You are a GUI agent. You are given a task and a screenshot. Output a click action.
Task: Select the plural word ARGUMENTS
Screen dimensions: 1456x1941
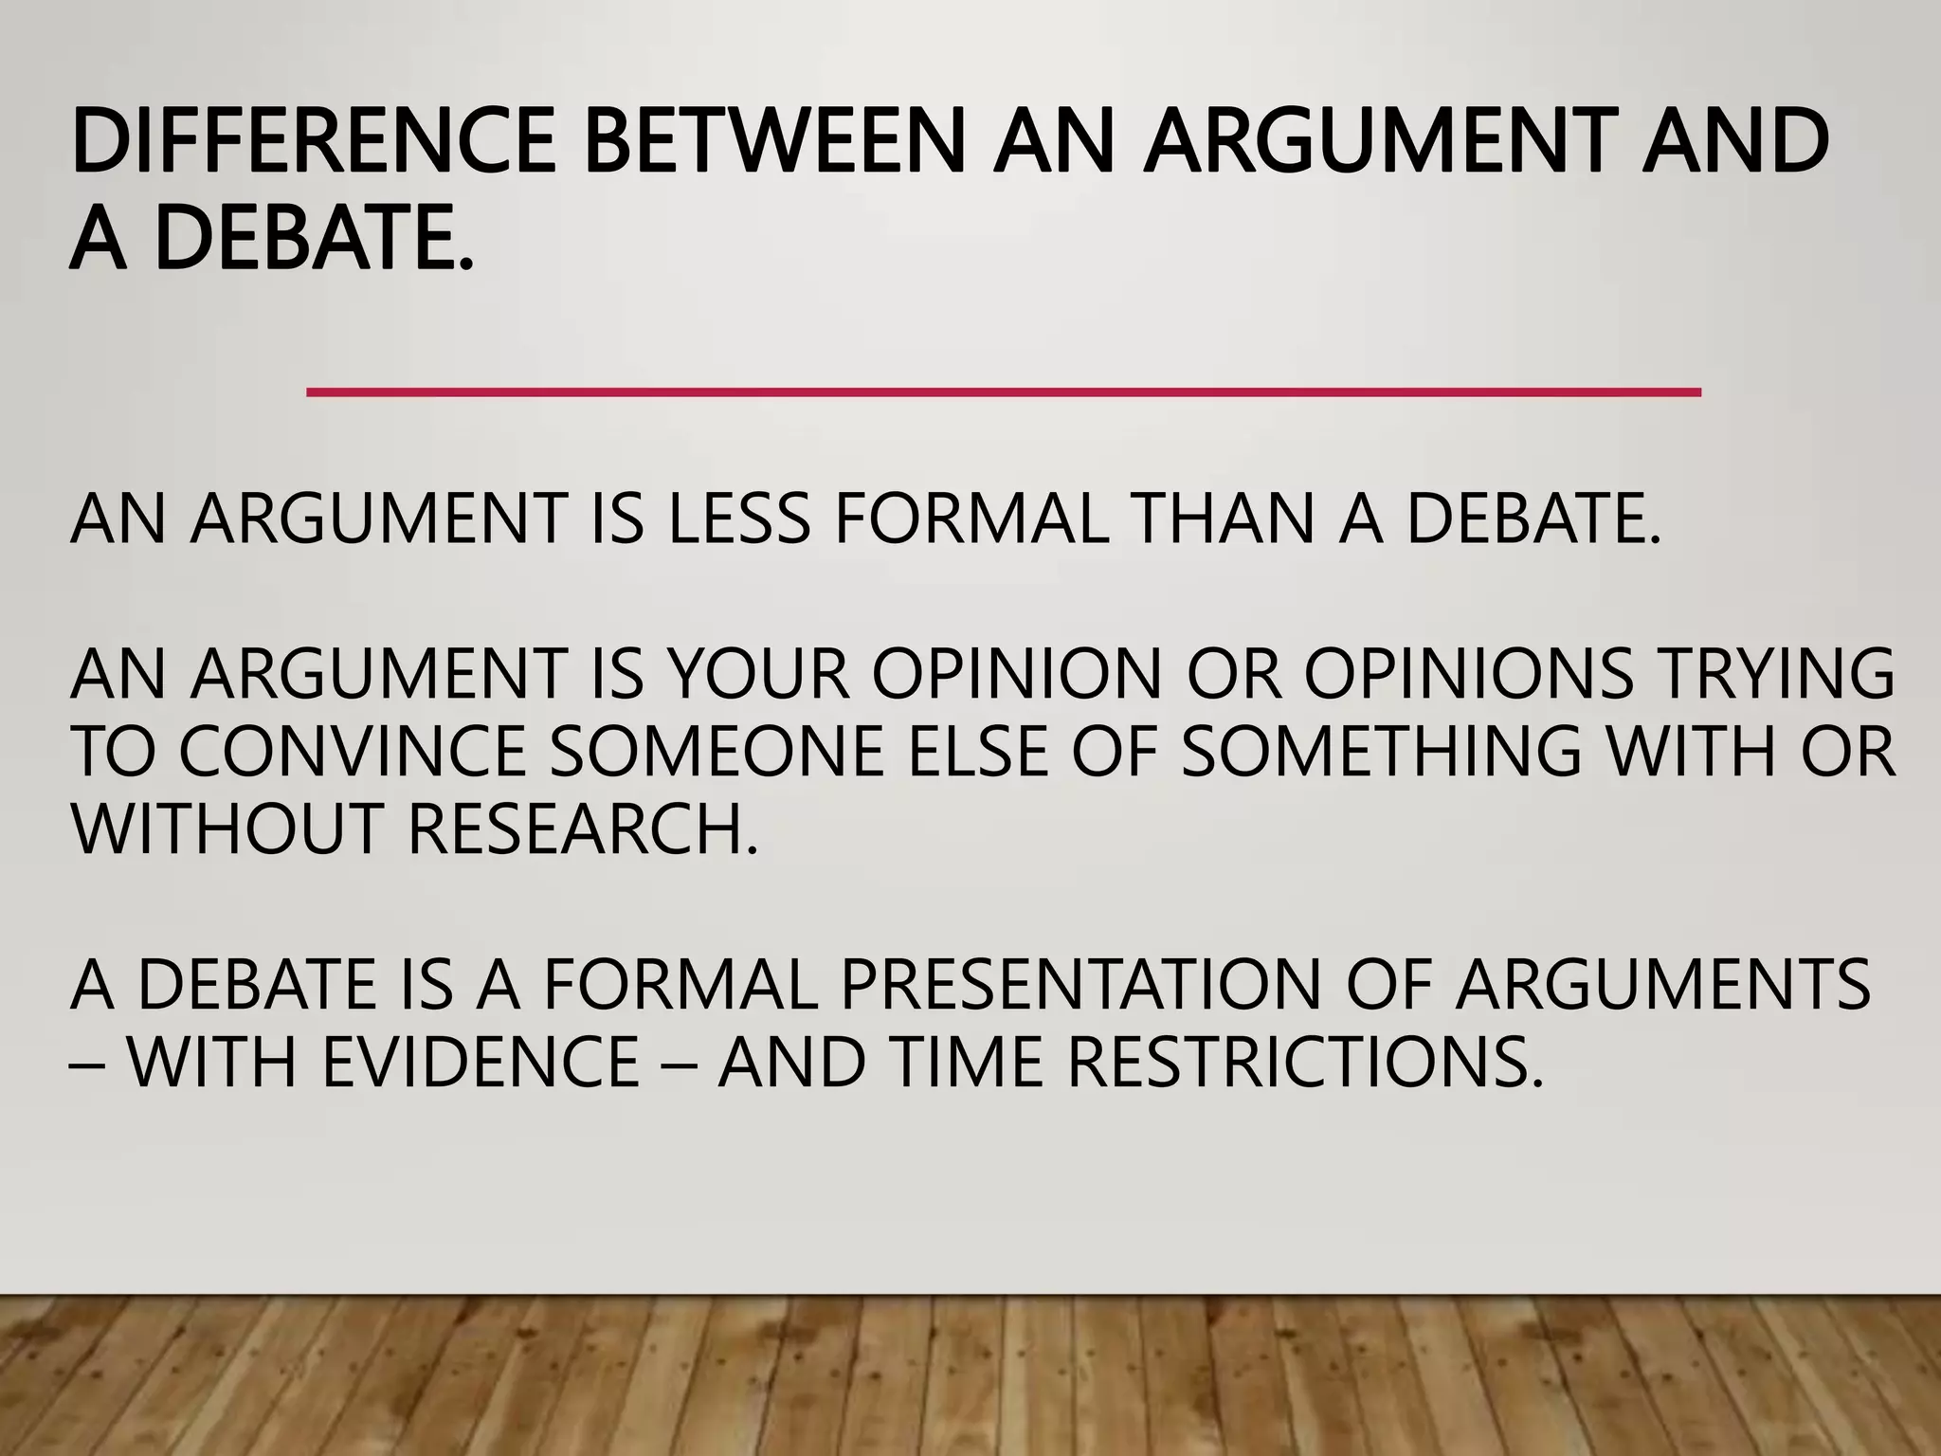tap(1663, 984)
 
